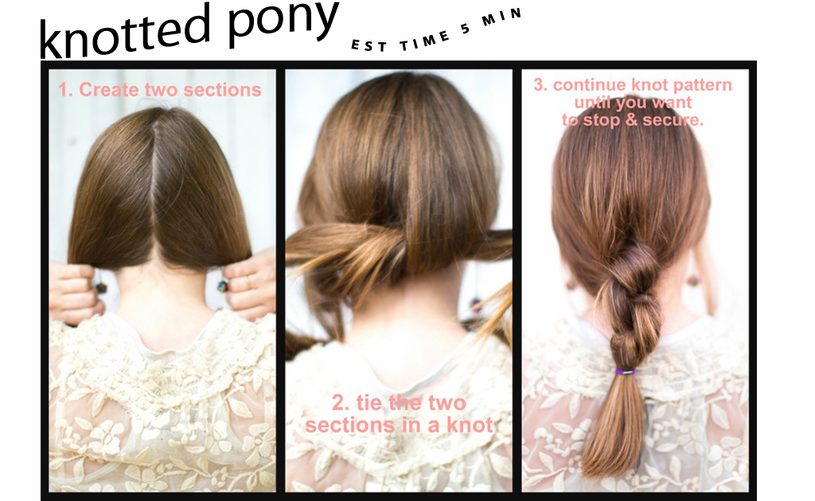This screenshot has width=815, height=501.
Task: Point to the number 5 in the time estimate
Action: click(465, 29)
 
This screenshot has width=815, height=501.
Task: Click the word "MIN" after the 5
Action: click(501, 17)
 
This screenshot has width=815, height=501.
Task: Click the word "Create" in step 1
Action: click(108, 89)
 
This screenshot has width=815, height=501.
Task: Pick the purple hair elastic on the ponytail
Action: click(626, 371)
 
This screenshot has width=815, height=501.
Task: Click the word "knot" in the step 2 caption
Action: click(470, 425)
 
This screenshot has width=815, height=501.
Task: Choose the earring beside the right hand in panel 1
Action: click(223, 285)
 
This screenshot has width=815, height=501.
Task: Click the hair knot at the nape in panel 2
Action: click(388, 245)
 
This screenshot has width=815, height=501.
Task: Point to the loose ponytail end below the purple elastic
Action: click(616, 421)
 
